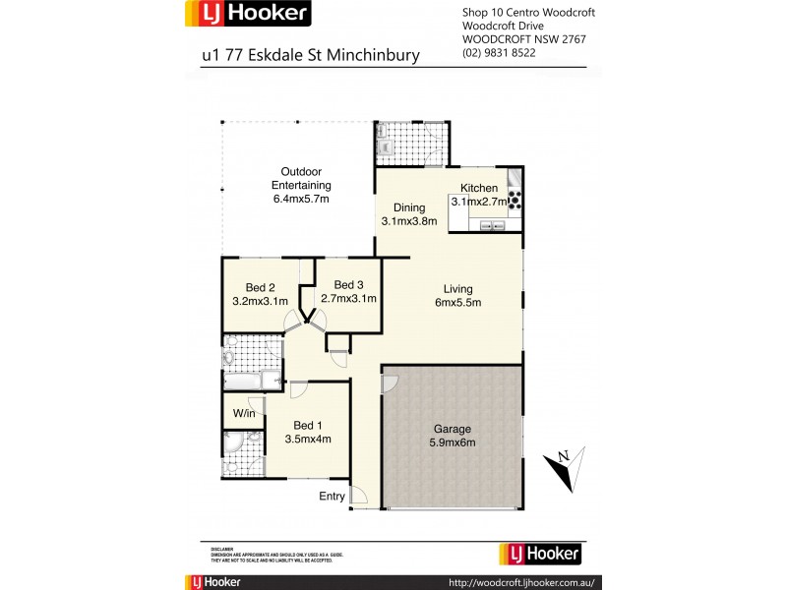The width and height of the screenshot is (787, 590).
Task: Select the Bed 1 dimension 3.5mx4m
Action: (x=307, y=440)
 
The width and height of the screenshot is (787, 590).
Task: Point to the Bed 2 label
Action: (x=260, y=287)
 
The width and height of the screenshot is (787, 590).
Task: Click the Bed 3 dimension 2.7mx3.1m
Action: (x=349, y=299)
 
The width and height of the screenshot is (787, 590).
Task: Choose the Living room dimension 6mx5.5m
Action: (x=457, y=302)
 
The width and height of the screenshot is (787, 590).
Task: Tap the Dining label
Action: (x=409, y=207)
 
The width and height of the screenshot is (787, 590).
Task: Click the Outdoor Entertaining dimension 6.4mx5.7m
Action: (x=301, y=199)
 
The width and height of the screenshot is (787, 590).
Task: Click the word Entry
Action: (x=332, y=497)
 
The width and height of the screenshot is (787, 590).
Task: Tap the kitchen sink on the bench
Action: (x=492, y=226)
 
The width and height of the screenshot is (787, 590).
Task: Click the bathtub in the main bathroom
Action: (x=252, y=380)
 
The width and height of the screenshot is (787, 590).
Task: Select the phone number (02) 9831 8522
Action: (x=499, y=52)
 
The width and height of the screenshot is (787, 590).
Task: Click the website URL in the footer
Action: (x=521, y=581)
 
